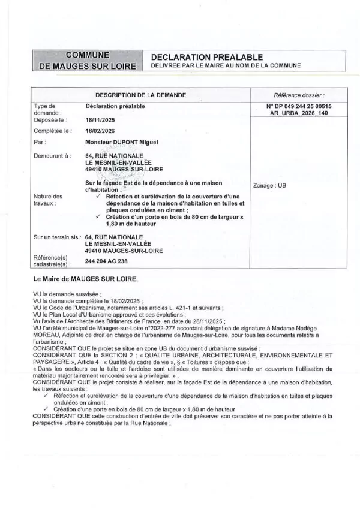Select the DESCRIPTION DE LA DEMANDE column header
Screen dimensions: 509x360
tap(141, 95)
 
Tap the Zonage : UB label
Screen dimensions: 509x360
tap(270, 186)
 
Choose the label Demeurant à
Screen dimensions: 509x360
tap(50, 155)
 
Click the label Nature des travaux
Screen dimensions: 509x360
tap(48, 200)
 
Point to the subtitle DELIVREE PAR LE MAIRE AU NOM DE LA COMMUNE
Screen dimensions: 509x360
tap(226, 65)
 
